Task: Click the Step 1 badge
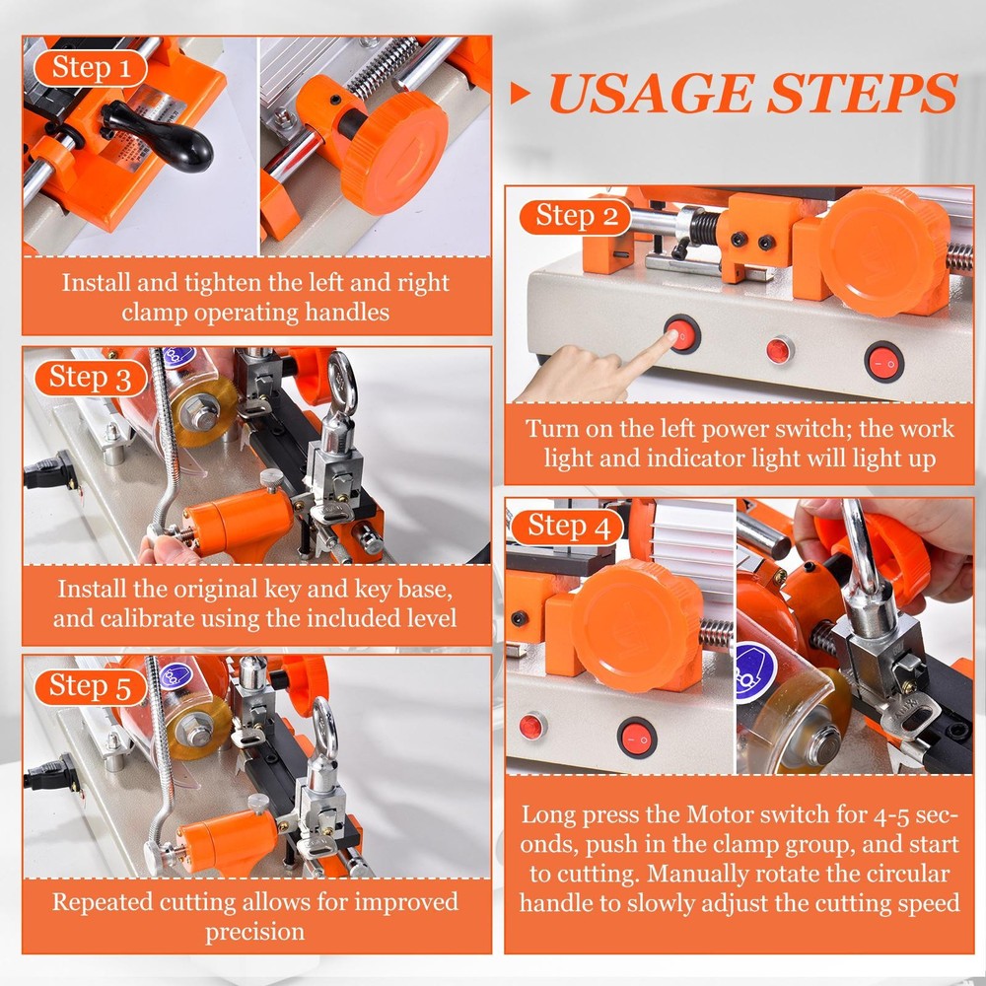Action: coord(90,68)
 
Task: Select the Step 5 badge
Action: coord(90,686)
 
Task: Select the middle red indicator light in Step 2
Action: coord(780,349)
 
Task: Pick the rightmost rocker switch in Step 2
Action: coord(883,361)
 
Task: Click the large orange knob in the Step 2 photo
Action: coord(882,250)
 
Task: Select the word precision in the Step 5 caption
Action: coord(254,932)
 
